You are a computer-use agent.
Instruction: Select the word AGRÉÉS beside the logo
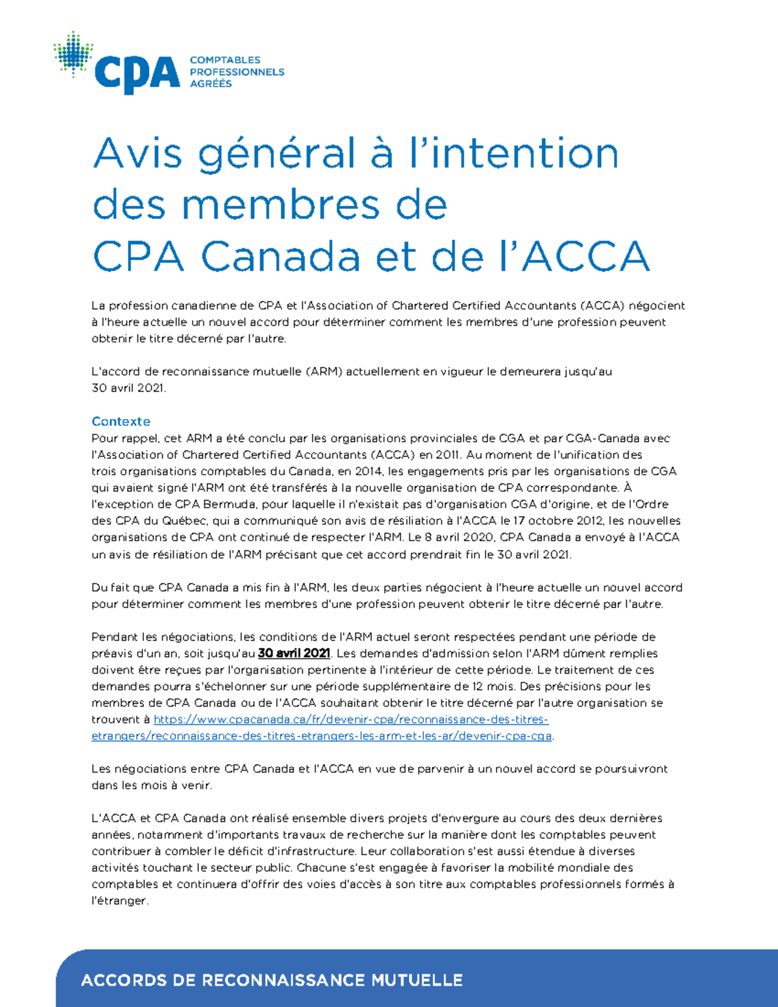tap(211, 84)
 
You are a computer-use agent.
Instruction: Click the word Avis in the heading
tap(137, 154)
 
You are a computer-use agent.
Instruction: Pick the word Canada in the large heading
tap(280, 257)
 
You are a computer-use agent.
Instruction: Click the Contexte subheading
tap(121, 421)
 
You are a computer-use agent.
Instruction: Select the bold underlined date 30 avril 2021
tap(294, 654)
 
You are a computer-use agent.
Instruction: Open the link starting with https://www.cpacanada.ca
tap(351, 720)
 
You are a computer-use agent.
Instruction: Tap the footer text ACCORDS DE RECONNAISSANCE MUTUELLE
tap(272, 980)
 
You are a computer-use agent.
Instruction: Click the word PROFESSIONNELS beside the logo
tap(237, 72)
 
